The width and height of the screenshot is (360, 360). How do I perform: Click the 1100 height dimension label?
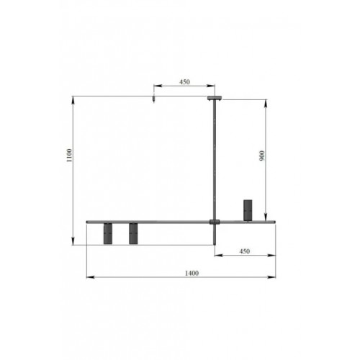[69, 156]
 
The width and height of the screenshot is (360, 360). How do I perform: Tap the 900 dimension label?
[262, 156]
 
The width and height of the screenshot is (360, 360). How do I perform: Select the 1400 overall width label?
[192, 273]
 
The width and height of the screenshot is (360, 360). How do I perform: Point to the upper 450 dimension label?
[184, 82]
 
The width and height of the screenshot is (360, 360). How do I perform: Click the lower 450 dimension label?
[245, 251]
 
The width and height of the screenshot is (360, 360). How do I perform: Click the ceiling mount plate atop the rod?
[215, 98]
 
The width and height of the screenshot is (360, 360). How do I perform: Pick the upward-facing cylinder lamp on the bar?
[248, 210]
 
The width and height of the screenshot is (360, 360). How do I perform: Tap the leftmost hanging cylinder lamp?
[108, 233]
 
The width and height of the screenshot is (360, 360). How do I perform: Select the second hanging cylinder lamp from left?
[133, 233]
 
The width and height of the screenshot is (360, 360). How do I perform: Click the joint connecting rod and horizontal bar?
[215, 222]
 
